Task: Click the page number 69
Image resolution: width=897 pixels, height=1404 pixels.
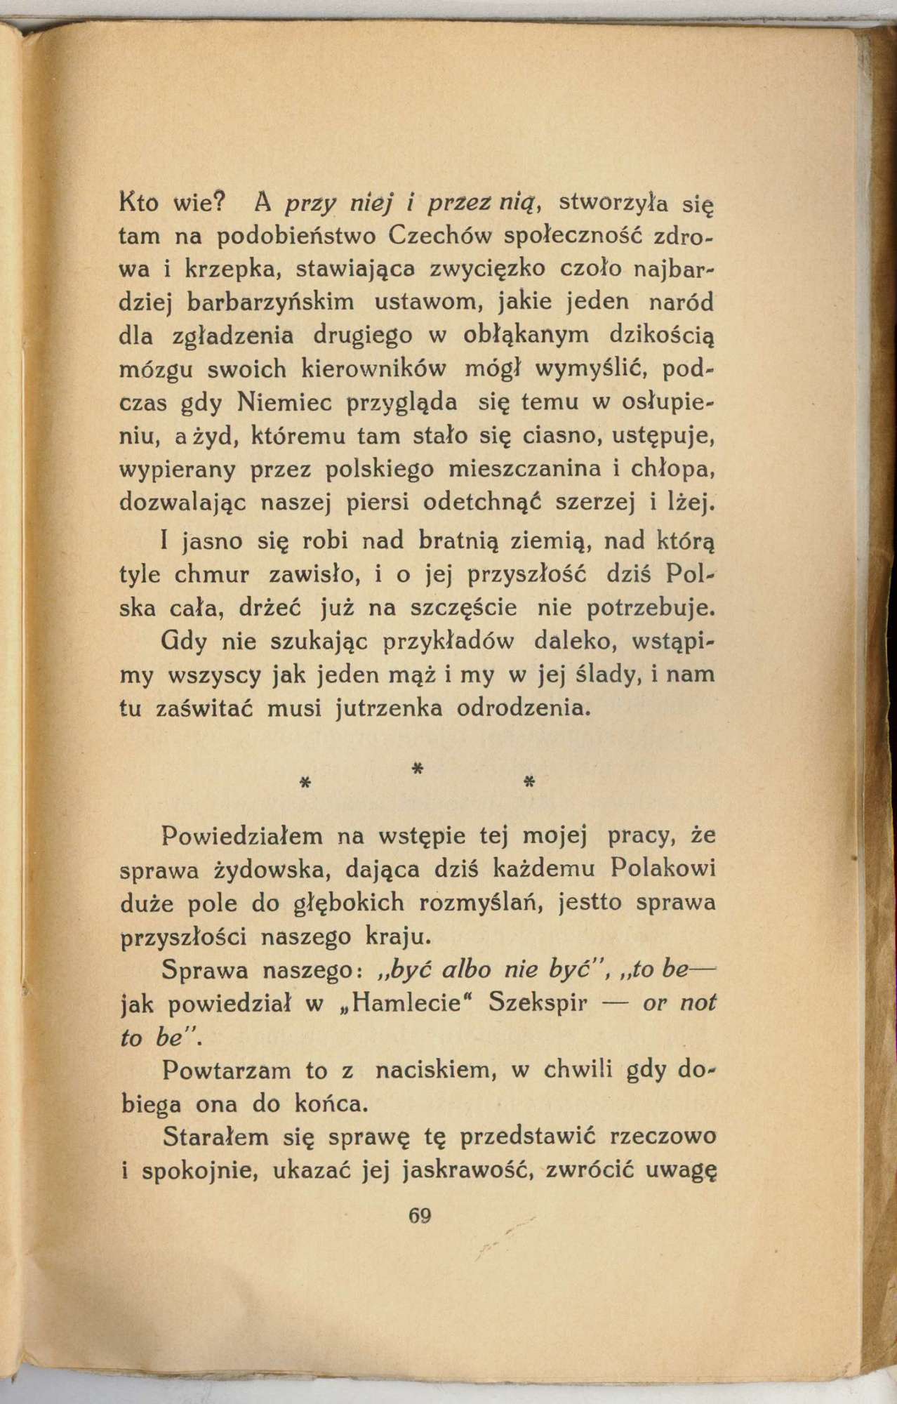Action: pyautogui.click(x=419, y=1217)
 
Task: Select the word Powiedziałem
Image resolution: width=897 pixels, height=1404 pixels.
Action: pyautogui.click(x=242, y=836)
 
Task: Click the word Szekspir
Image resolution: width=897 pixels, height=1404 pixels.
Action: pyautogui.click(x=538, y=1002)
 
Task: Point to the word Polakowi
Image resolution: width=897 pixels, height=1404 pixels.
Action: pyautogui.click(x=663, y=868)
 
